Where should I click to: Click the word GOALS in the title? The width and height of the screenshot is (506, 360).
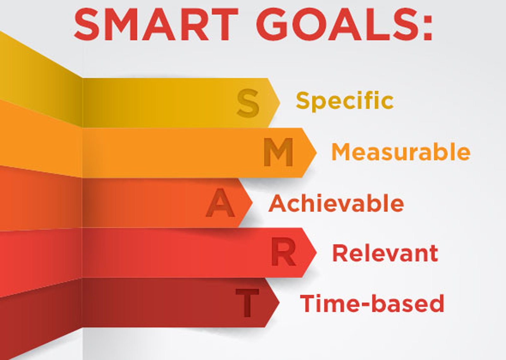point(335,25)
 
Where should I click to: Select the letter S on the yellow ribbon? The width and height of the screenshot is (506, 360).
point(248,103)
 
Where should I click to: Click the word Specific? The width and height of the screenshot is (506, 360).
point(345,101)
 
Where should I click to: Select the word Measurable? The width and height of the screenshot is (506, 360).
point(401,152)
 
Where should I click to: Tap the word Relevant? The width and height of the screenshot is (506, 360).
point(385,253)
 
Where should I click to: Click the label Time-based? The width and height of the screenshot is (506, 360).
point(372,303)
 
